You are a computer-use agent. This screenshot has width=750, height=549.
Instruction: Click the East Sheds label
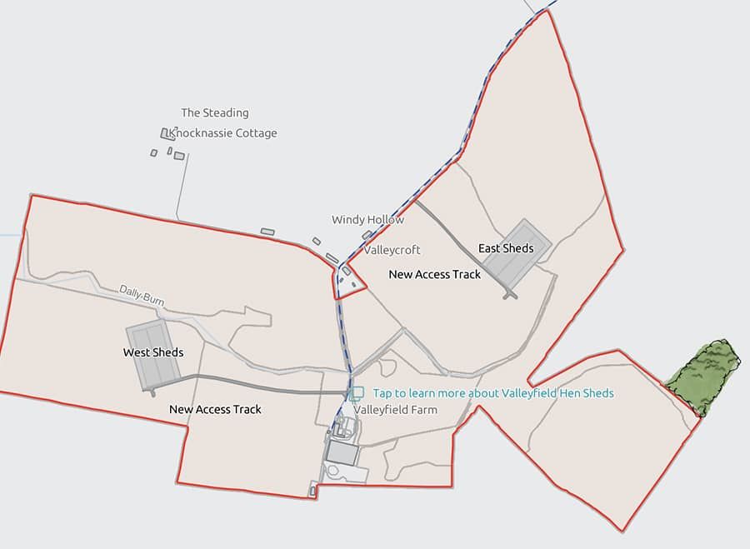point(506,248)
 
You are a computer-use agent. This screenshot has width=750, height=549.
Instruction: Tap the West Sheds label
point(153,352)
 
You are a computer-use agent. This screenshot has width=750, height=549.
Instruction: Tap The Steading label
point(215,112)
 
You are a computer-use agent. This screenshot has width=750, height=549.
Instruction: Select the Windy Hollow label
point(367,220)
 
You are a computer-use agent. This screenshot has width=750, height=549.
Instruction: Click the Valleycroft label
point(392,250)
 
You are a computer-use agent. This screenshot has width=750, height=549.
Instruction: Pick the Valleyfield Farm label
point(396,410)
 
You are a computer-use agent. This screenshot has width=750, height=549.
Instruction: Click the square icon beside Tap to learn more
point(357,393)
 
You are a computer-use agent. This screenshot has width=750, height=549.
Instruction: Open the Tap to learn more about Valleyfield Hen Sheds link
point(493,393)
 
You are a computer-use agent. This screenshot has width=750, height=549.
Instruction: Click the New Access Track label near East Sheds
point(435,274)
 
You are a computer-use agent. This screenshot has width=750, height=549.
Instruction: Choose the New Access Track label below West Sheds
point(215,409)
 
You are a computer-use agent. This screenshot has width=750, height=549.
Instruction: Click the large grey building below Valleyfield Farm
point(341,452)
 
